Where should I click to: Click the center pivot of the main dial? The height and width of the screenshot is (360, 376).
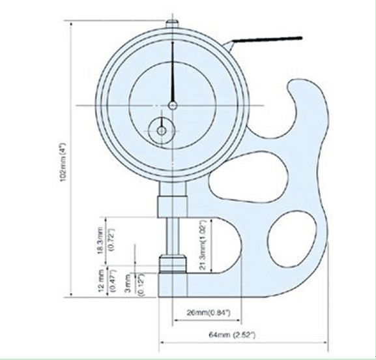tap(172, 105)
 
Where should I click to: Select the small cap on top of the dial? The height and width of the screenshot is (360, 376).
tap(171, 22)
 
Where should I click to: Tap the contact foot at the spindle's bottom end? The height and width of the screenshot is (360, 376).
tap(172, 264)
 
